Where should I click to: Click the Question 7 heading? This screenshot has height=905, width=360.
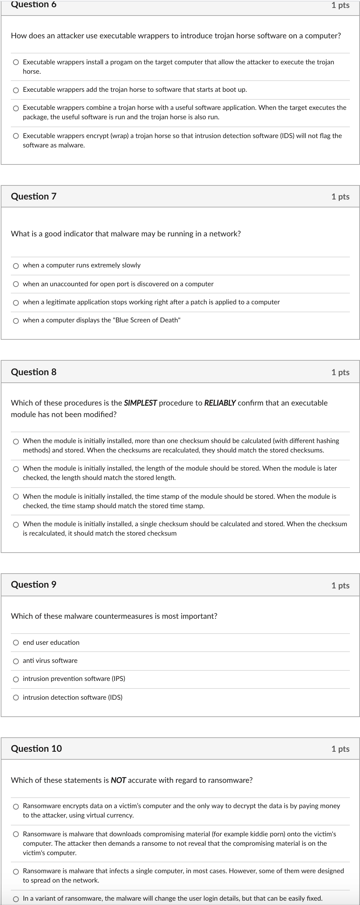[x=34, y=196]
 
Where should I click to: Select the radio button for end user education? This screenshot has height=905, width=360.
[x=16, y=643]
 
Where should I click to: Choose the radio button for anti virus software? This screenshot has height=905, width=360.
[x=16, y=661]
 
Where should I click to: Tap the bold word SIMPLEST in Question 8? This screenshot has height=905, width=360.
[x=140, y=403]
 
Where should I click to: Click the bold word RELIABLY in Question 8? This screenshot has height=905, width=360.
[x=220, y=403]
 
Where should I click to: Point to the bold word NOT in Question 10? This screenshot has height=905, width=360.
[x=118, y=780]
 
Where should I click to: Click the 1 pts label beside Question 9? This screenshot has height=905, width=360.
[x=340, y=585]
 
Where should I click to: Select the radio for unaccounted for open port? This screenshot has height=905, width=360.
[x=16, y=284]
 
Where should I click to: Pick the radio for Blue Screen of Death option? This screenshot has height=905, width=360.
[x=16, y=321]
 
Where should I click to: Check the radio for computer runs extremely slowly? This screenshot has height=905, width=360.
[x=16, y=266]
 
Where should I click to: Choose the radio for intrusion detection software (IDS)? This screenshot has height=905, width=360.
[x=16, y=698]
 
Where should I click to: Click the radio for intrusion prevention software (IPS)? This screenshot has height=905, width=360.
[x=16, y=679]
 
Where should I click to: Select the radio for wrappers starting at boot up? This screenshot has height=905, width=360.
[x=16, y=90]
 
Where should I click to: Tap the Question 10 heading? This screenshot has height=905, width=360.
[x=36, y=749]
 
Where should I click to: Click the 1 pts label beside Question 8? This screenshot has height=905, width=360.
[x=340, y=372]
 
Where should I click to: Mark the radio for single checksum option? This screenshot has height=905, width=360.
[x=16, y=524]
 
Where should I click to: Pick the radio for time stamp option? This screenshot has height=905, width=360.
[x=16, y=497]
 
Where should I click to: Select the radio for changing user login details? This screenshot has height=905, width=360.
[x=16, y=899]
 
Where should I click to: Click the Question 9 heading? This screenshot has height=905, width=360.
[x=34, y=584]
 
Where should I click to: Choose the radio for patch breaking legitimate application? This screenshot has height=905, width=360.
[x=16, y=303]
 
